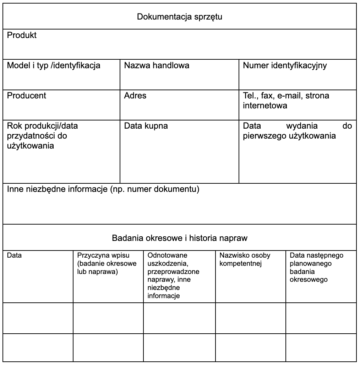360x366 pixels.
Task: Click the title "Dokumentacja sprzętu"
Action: click(x=180, y=17)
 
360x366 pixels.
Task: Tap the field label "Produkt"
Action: click(x=22, y=36)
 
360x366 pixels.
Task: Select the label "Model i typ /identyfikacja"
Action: click(x=54, y=65)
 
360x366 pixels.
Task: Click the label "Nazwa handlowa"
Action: click(x=157, y=65)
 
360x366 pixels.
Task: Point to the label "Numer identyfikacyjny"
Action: click(x=285, y=65)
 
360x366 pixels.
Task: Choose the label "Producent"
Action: click(x=27, y=96)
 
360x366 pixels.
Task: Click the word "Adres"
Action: click(x=135, y=96)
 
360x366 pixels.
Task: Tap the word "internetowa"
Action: click(x=265, y=106)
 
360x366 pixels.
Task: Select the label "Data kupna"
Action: click(x=146, y=126)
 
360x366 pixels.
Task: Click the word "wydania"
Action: click(x=302, y=126)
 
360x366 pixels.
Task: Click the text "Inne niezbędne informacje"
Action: click(x=57, y=189)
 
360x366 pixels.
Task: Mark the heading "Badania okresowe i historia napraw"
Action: click(x=180, y=238)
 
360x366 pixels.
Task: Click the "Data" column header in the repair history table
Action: click(x=14, y=255)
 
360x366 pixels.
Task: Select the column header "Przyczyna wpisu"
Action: click(x=103, y=255)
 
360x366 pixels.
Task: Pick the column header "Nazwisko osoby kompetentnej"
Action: click(x=245, y=259)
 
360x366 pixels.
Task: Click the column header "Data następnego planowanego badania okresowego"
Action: click(x=316, y=267)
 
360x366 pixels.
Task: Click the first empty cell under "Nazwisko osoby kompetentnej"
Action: click(x=250, y=318)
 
